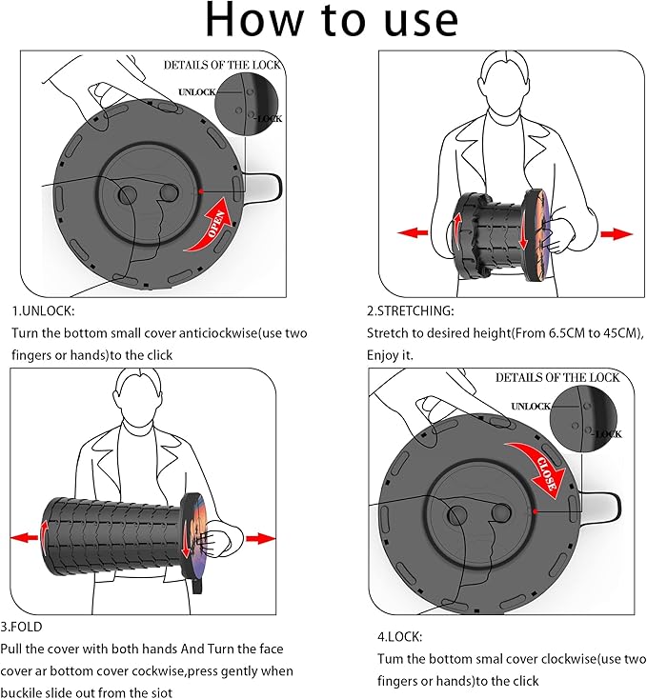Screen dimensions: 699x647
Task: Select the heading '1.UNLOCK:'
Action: [43, 310]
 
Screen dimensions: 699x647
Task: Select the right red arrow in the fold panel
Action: [260, 539]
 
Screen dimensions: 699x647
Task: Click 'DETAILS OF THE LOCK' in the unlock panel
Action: [221, 65]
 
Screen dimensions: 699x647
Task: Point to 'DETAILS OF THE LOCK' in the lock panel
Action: [557, 378]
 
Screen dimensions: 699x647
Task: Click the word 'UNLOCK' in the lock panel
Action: [532, 407]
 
